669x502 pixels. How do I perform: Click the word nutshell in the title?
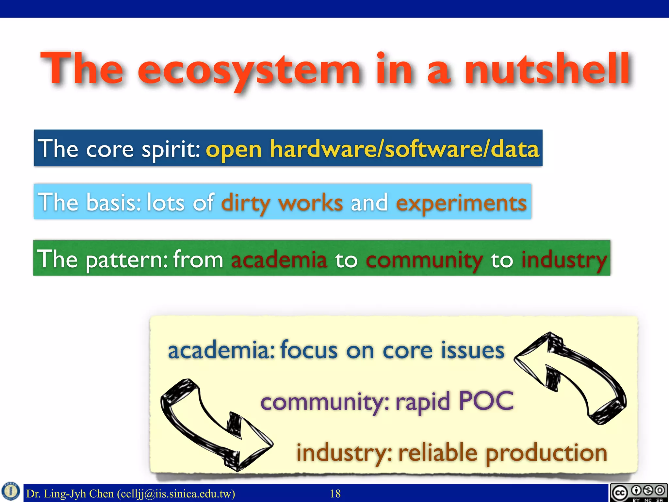(x=547, y=69)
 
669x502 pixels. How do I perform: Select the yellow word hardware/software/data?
(x=404, y=149)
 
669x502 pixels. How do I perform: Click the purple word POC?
(x=486, y=401)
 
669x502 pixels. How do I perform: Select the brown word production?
(x=546, y=453)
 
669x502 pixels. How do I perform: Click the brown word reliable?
(x=438, y=453)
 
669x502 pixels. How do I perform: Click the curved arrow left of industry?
(x=216, y=425)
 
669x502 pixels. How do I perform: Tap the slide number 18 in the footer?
(x=335, y=494)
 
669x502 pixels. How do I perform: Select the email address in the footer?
(x=176, y=494)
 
